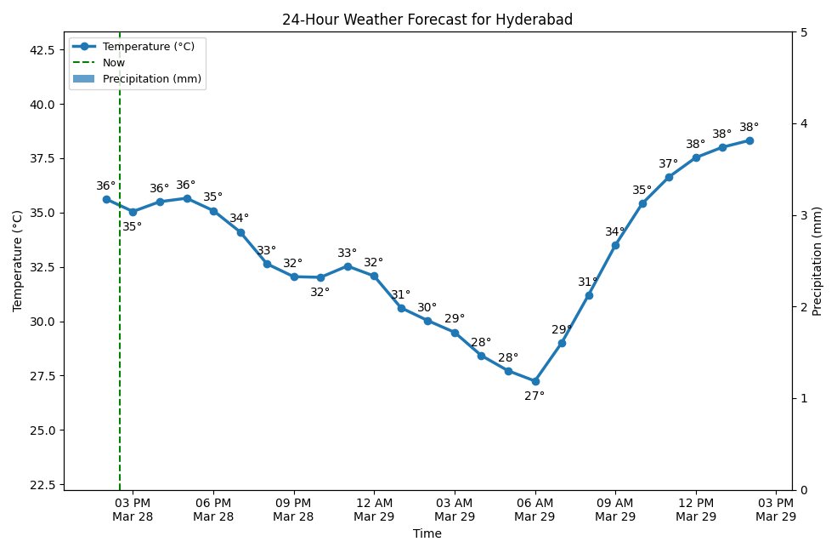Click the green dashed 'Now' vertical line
coord(120,340)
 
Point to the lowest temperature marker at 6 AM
coord(534,381)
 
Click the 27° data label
coord(534,396)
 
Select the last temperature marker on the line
coord(749,140)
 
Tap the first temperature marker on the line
coord(106,199)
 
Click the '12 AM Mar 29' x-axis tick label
coord(374,510)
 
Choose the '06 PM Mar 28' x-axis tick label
coord(213,510)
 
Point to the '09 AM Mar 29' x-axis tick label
coord(615,510)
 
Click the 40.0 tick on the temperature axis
coord(42,104)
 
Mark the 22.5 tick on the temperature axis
coord(42,485)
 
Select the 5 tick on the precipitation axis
coord(803,32)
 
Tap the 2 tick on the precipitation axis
coord(803,307)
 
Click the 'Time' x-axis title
coord(427,534)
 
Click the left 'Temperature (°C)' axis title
coord(18,260)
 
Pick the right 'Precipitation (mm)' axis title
coord(817,260)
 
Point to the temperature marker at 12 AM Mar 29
coord(374,276)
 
